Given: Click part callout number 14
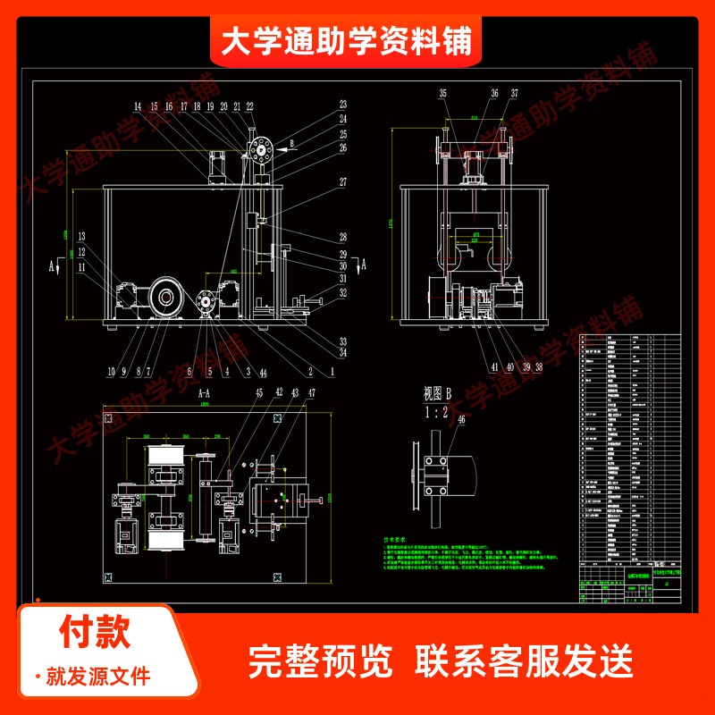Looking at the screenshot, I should (138, 106).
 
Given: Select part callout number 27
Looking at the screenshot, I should (342, 181).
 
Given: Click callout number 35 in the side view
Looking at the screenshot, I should (442, 93).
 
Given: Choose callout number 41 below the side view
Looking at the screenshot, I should (493, 366).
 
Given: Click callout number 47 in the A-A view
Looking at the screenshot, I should (312, 393).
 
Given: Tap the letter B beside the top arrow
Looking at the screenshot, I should (291, 141).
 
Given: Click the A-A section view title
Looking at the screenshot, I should (202, 392).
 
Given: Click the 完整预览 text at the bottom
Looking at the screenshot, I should (322, 661).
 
